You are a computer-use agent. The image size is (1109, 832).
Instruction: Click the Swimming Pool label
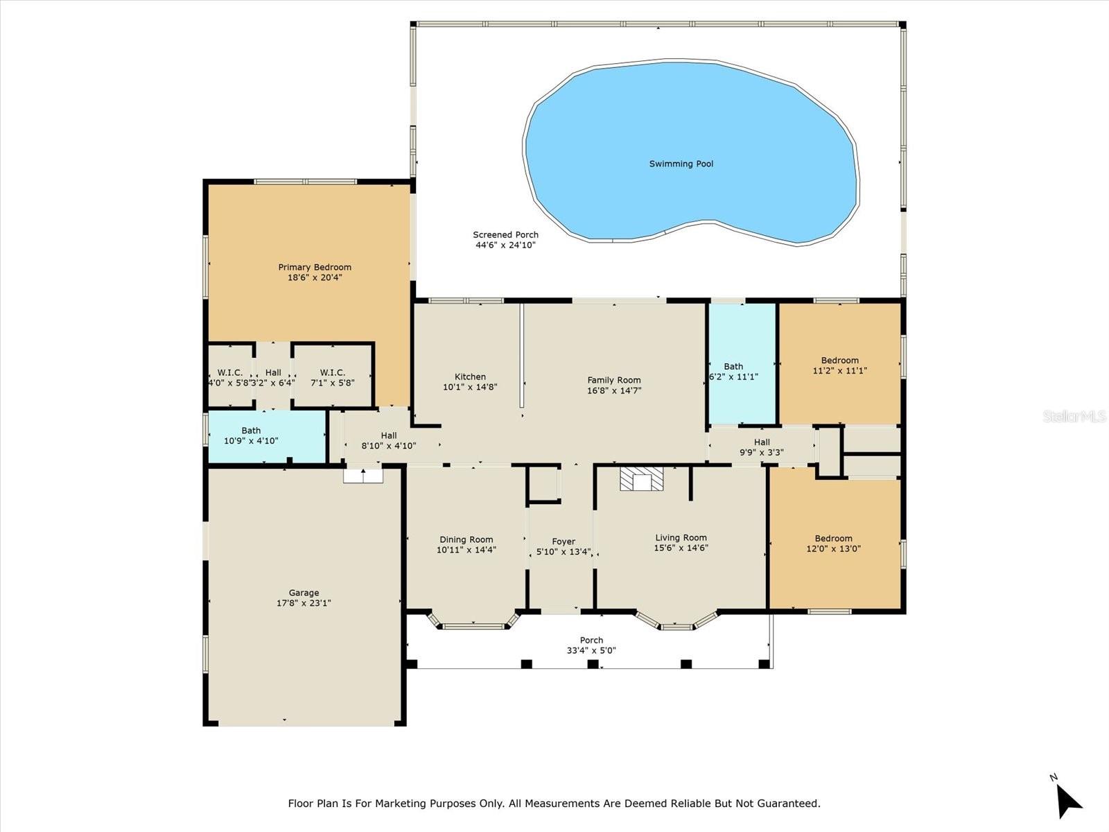[681, 164]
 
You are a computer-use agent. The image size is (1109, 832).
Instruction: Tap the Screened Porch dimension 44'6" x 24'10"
[505, 245]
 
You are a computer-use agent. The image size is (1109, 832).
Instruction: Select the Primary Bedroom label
[315, 267]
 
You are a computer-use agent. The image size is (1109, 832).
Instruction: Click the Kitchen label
[470, 377]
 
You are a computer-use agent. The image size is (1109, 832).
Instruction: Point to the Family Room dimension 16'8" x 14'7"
[614, 390]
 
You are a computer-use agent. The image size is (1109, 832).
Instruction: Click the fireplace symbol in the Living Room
[642, 479]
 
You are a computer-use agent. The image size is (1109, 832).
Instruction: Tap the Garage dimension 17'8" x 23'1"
[304, 603]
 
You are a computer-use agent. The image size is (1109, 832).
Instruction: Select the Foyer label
[564, 541]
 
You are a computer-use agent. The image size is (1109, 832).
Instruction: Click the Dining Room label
[466, 539]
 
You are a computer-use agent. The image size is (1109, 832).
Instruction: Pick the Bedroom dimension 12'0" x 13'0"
[833, 548]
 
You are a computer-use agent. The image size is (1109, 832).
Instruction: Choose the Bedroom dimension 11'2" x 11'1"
[839, 370]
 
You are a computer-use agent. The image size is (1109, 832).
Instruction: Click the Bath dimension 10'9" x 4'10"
[251, 440]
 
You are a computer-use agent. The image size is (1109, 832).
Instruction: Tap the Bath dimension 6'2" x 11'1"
[733, 377]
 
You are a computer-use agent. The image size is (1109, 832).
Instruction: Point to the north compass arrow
[1068, 801]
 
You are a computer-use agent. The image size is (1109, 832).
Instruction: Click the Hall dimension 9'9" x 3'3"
[761, 453]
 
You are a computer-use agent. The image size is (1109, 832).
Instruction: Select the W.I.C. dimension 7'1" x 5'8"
[332, 383]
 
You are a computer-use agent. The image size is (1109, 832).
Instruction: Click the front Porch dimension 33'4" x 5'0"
[591, 650]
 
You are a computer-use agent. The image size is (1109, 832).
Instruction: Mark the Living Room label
[681, 537]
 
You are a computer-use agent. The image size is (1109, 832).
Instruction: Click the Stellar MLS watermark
[1074, 416]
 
